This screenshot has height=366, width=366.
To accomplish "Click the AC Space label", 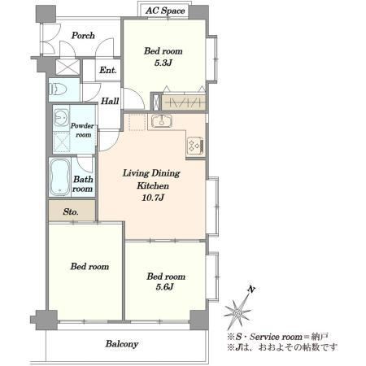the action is pyautogui.click(x=165, y=11).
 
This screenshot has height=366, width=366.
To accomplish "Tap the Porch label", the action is pyautogui.click(x=83, y=36).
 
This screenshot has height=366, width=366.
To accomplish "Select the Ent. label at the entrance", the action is pyautogui.click(x=108, y=70).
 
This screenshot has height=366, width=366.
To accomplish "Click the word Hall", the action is pyautogui.click(x=110, y=101).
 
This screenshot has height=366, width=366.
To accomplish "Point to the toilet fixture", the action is pyautogui.click(x=58, y=89).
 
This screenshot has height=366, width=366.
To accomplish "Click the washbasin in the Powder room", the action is pyautogui.click(x=61, y=118).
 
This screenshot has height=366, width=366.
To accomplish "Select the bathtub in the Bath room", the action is pyautogui.click(x=60, y=176).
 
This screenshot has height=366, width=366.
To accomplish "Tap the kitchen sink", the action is pyautogui.click(x=162, y=121).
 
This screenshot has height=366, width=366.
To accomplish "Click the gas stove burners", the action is pyautogui.click(x=195, y=146).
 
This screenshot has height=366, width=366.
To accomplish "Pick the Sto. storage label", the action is pyautogui.click(x=71, y=211).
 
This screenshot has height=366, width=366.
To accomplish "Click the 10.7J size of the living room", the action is pyautogui.click(x=153, y=198).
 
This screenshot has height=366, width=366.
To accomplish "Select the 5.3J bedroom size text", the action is pyautogui.click(x=163, y=63).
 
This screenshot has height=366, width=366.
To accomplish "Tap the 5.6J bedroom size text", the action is pyautogui.click(x=164, y=287).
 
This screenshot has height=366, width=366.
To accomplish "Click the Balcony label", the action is pyautogui.click(x=122, y=344).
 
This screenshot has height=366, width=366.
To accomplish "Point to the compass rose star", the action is pyautogui.click(x=238, y=312).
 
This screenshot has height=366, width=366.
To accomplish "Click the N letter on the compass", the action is pyautogui.click(x=251, y=290).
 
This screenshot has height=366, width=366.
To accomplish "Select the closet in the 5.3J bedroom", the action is pyautogui.click(x=184, y=102).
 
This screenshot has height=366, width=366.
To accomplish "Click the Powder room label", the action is pyautogui.click(x=82, y=130).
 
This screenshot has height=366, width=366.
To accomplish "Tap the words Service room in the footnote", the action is pyautogui.click(x=276, y=337).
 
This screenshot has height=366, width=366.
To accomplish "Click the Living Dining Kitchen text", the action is pyautogui.click(x=152, y=180).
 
